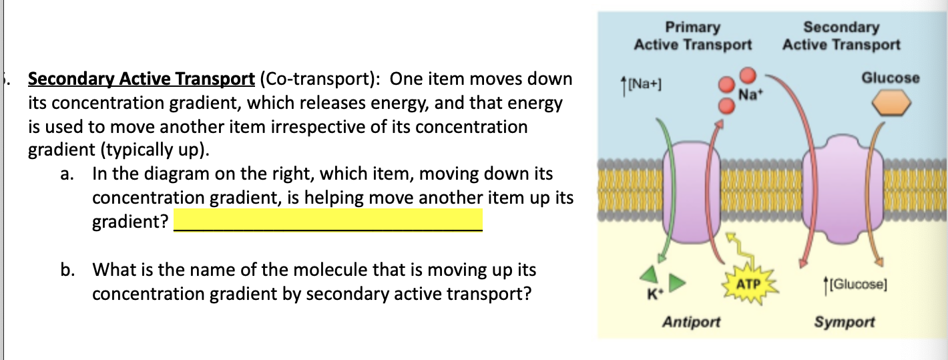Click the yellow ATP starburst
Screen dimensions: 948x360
pyautogui.click(x=748, y=285)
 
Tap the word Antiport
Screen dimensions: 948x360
pyautogui.click(x=691, y=322)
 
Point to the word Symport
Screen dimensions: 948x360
pyautogui.click(x=844, y=322)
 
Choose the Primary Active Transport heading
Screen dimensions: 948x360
pyautogui.click(x=693, y=36)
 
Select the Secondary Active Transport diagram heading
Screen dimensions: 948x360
pyautogui.click(x=841, y=36)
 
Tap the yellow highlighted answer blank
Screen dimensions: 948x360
pyautogui.click(x=327, y=220)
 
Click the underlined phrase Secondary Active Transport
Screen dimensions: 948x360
pyautogui.click(x=141, y=79)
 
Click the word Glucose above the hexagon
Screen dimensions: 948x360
pyautogui.click(x=890, y=77)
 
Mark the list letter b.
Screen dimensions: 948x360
pyautogui.click(x=66, y=271)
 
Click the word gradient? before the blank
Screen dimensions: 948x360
pyautogui.click(x=130, y=221)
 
